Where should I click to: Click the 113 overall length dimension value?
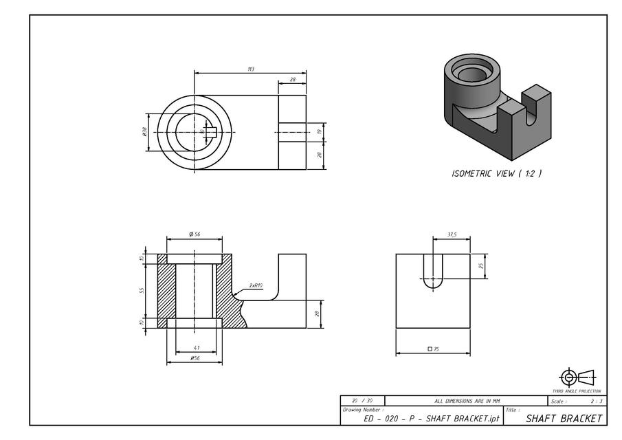250,69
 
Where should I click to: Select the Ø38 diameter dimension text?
145,131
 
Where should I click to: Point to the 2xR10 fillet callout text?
256,285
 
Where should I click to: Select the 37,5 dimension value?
452,234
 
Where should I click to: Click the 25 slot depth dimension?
481,266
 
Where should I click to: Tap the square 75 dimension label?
433,349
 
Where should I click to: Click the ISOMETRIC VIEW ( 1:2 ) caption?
496,174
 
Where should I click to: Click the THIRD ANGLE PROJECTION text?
577,390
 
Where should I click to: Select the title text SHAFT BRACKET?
564,418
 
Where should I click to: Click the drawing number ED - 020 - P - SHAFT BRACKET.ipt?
431,419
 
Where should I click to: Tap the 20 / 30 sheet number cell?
362,401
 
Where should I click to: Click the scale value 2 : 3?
596,401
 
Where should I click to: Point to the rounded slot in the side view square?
433,270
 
